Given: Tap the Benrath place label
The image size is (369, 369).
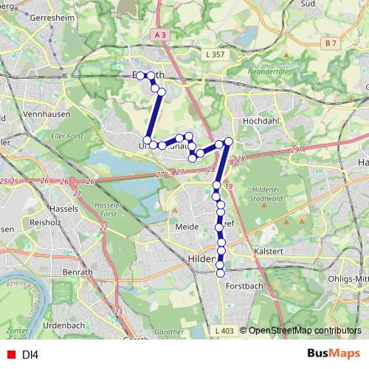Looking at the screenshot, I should (x=79, y=272).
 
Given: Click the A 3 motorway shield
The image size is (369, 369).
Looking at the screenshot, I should (x=162, y=34).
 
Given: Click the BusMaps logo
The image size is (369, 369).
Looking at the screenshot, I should (x=333, y=354).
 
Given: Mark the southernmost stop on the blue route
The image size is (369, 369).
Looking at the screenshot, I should (x=220, y=273).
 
